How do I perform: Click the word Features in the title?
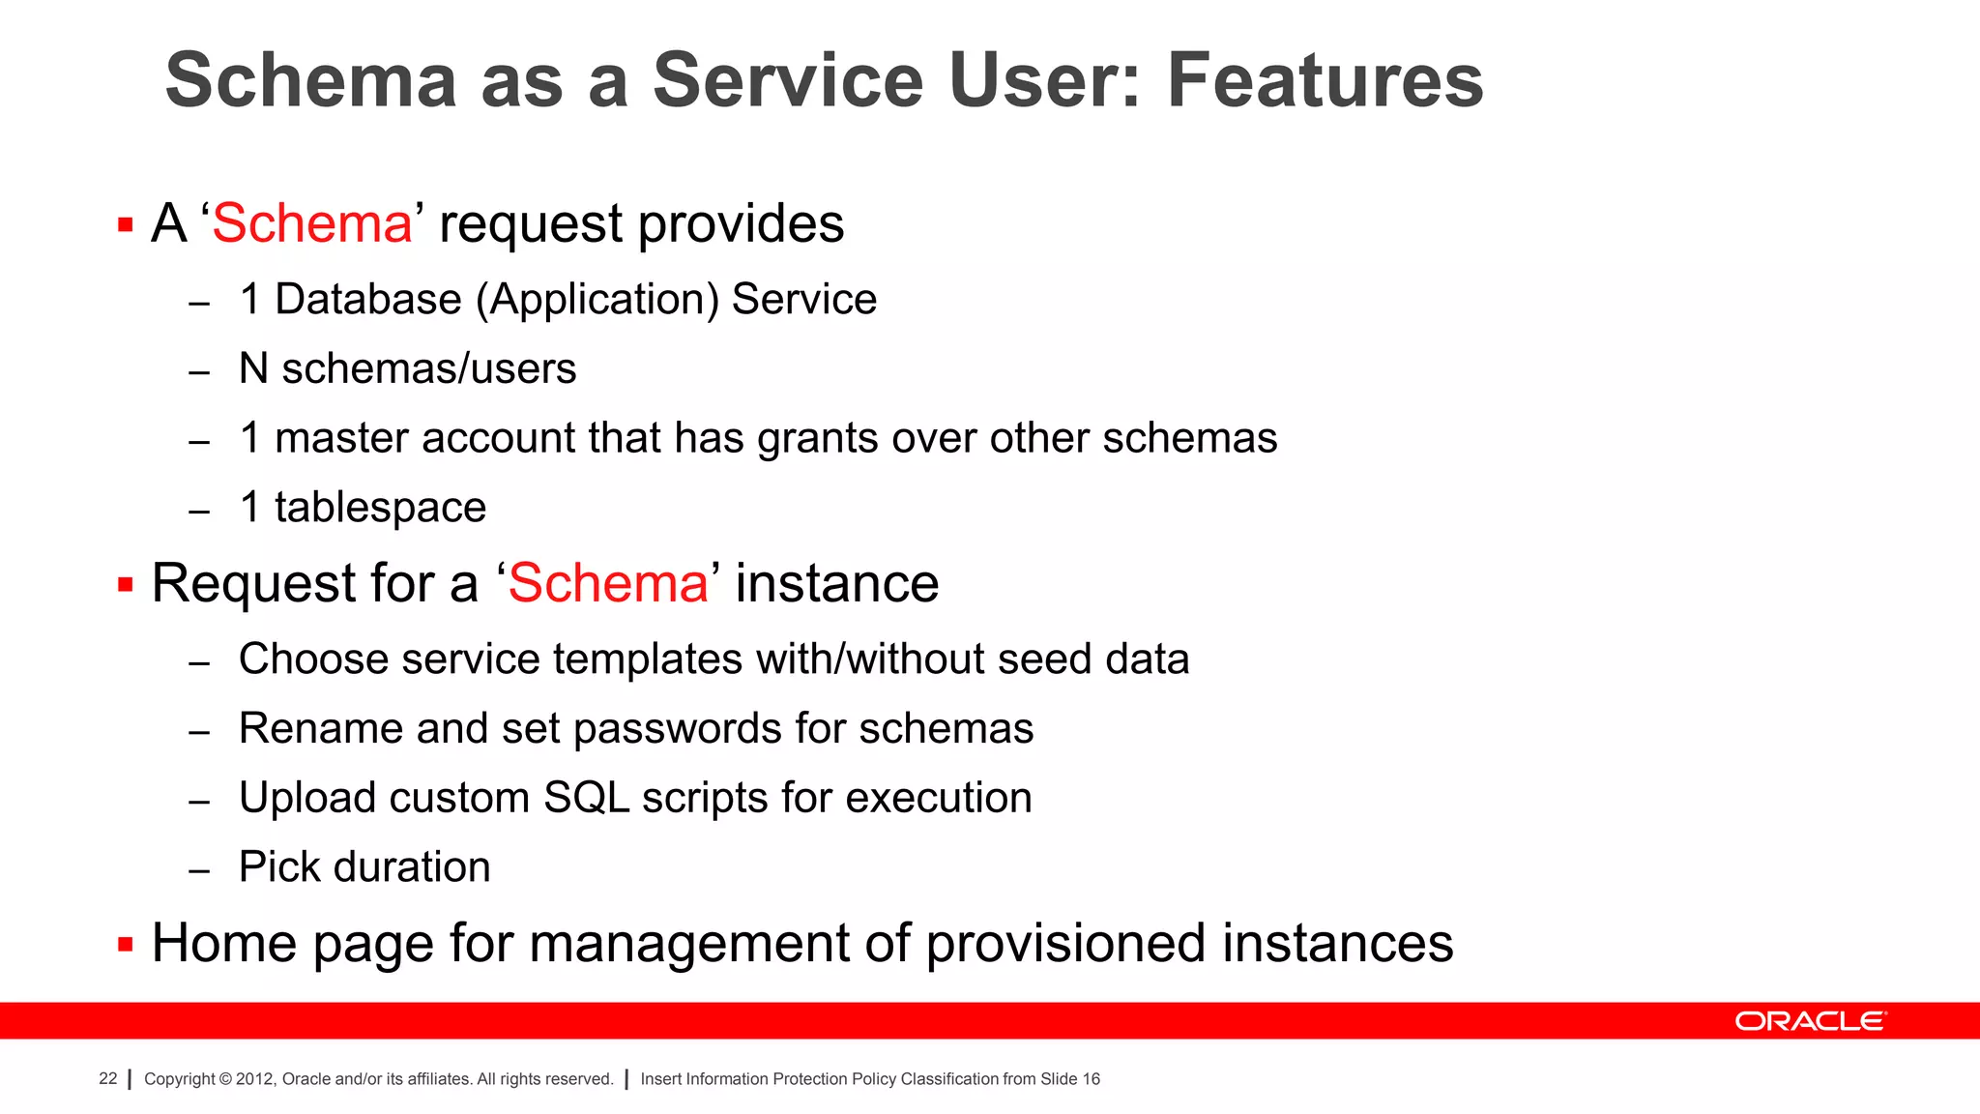(x=1325, y=80)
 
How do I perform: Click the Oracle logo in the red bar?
(x=1810, y=1021)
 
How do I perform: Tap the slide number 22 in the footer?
(x=107, y=1078)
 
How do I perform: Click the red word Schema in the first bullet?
(x=312, y=224)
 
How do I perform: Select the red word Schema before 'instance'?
(x=608, y=584)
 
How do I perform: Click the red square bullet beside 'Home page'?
(x=125, y=944)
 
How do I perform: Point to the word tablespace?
(x=380, y=509)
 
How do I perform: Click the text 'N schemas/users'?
(x=407, y=369)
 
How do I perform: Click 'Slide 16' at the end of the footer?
(x=1070, y=1079)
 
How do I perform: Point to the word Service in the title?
(x=788, y=80)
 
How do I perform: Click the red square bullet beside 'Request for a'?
(x=125, y=584)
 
